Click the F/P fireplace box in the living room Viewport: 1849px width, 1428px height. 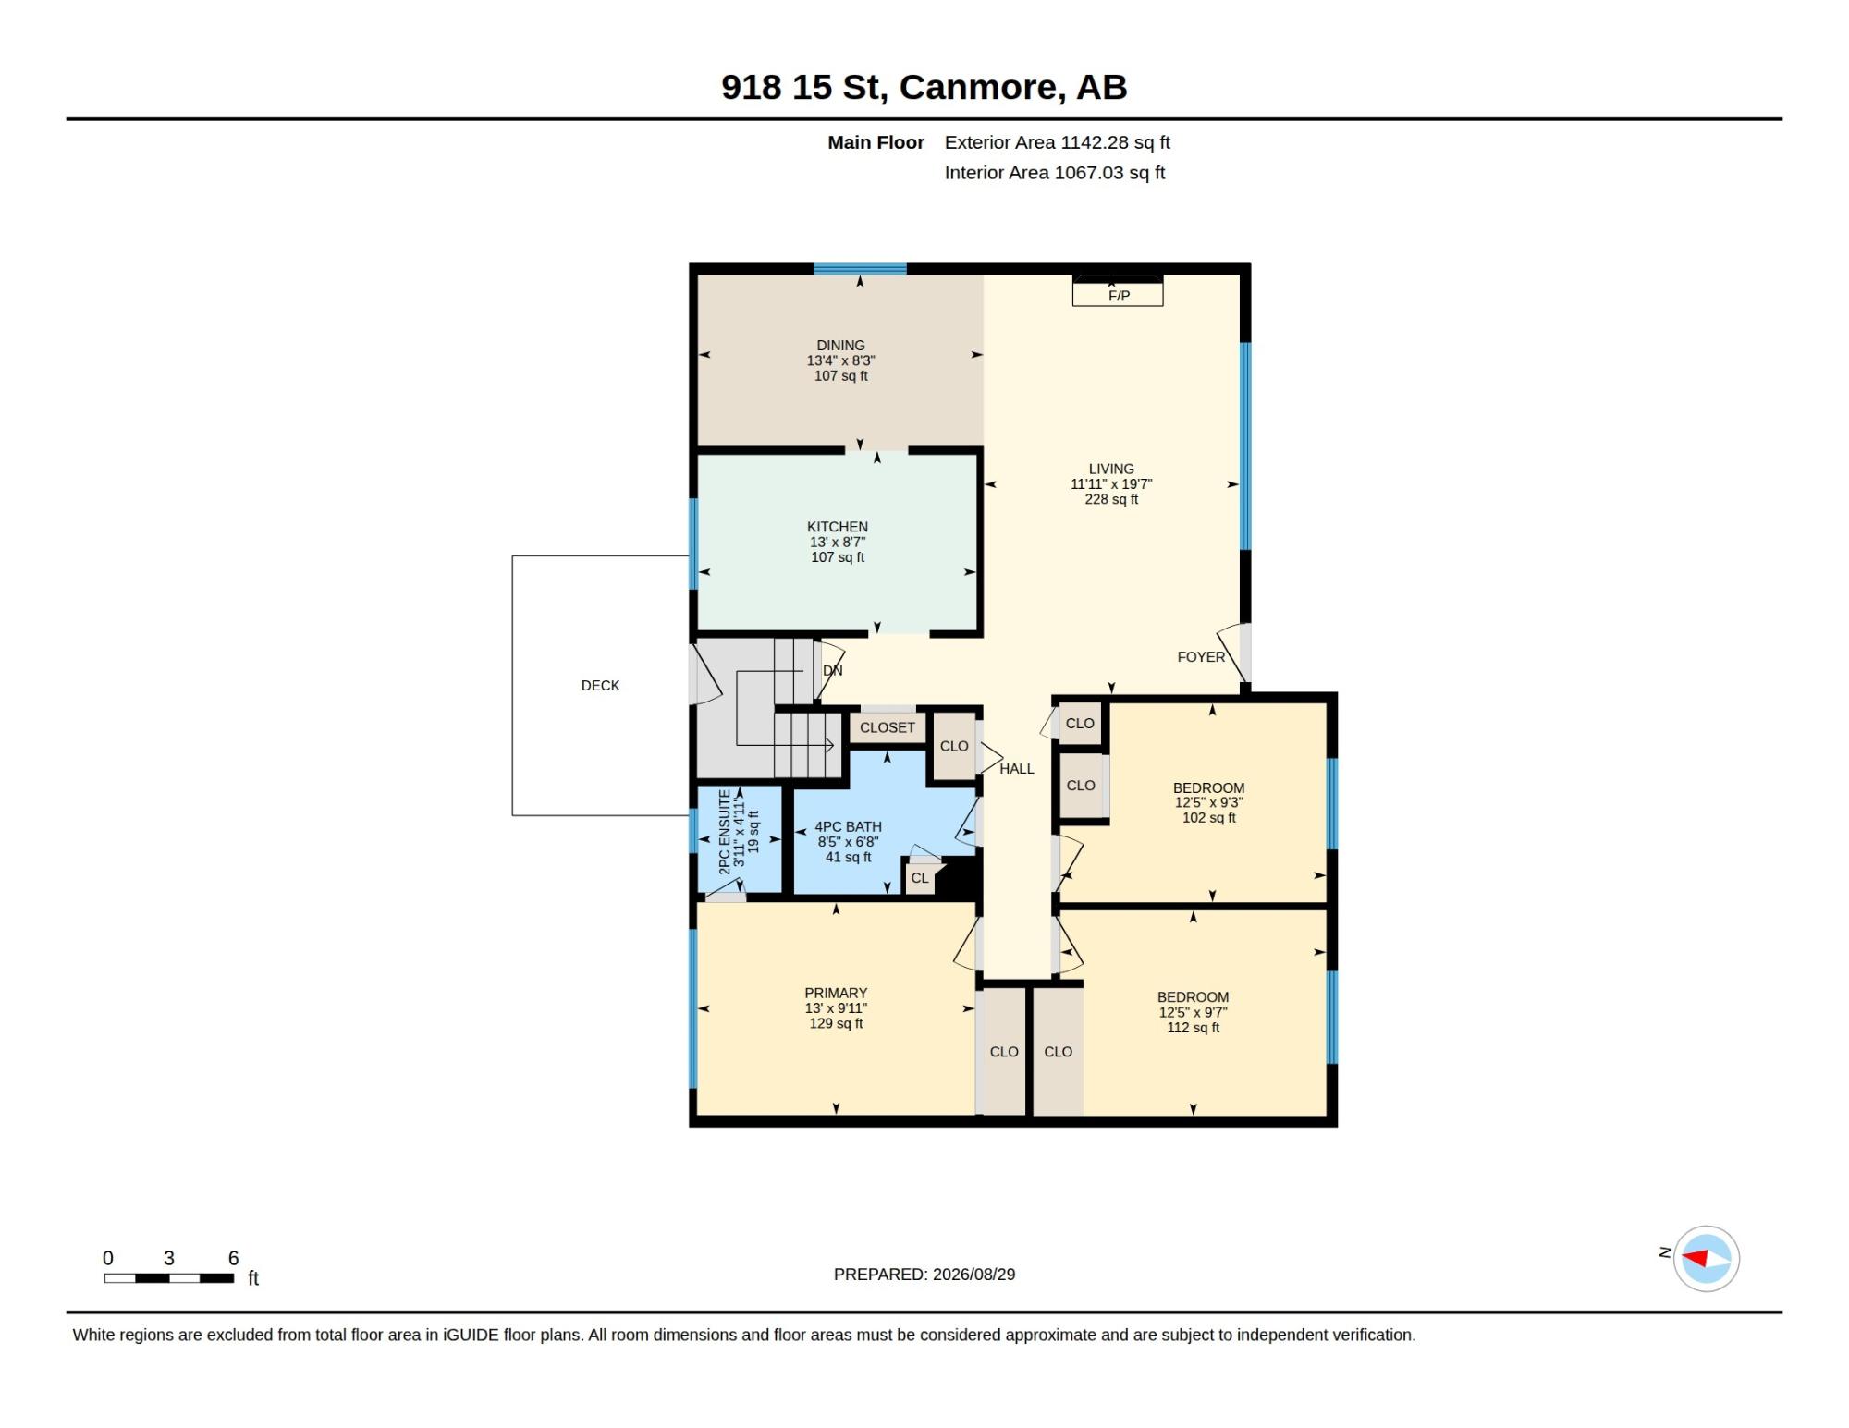point(1118,291)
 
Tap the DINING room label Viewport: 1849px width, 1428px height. point(840,346)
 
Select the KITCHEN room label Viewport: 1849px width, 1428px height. point(838,527)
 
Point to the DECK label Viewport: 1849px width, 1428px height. point(600,686)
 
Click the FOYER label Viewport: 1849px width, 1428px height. point(1201,657)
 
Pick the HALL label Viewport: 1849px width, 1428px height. point(1017,769)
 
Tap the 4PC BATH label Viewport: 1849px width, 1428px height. point(848,827)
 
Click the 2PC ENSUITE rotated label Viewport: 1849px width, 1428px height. point(725,832)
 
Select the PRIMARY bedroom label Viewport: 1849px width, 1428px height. point(836,994)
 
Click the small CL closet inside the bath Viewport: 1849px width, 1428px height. point(920,878)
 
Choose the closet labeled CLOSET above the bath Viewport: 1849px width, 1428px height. point(888,727)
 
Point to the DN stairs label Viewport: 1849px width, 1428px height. point(833,671)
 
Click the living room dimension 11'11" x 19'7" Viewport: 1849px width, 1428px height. point(1111,484)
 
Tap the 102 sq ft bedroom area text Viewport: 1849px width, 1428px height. point(1209,818)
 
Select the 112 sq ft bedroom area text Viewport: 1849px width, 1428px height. point(1194,1028)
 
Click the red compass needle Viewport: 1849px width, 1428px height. point(1695,1258)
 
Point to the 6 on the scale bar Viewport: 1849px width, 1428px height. point(234,1258)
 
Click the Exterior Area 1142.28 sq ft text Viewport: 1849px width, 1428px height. point(1058,142)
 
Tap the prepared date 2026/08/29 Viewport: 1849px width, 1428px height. point(974,1275)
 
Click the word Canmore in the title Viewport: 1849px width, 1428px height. point(978,87)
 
